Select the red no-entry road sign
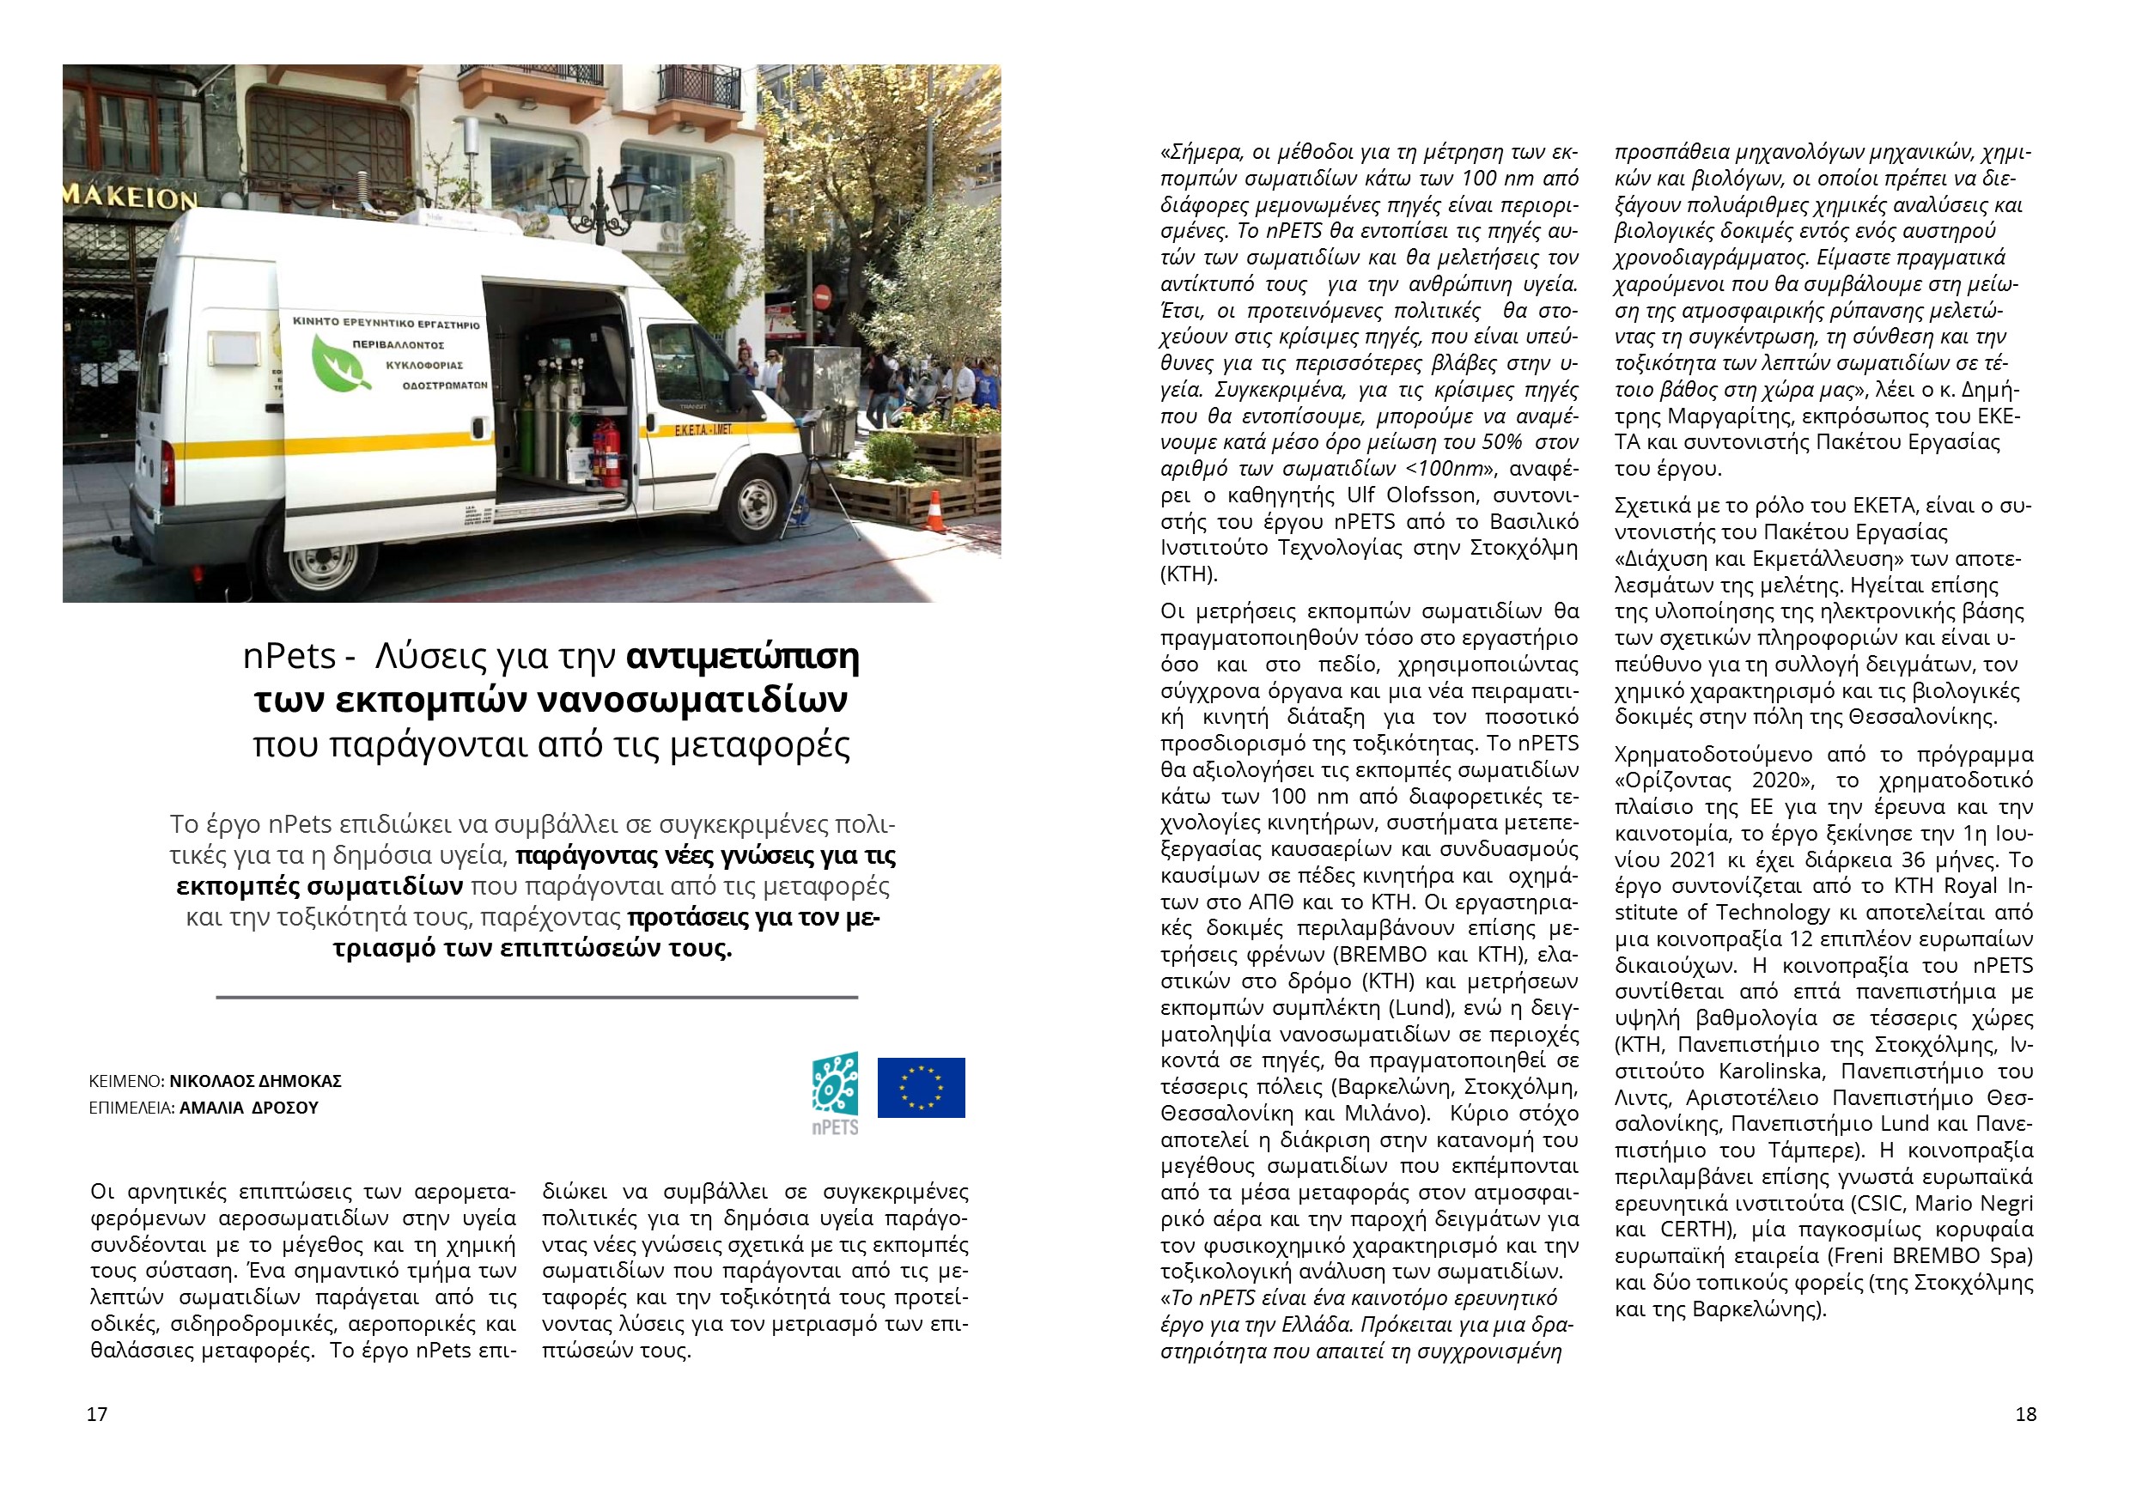pyautogui.click(x=822, y=297)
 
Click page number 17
pyautogui.click(x=97, y=1414)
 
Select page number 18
pyautogui.click(x=2026, y=1414)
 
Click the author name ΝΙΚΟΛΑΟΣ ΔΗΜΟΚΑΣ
pyautogui.click(x=255, y=1080)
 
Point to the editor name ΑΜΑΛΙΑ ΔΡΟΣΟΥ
pyautogui.click(x=247, y=1108)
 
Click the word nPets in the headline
pyautogui.click(x=289, y=657)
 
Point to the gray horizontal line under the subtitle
pyautogui.click(x=536, y=998)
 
